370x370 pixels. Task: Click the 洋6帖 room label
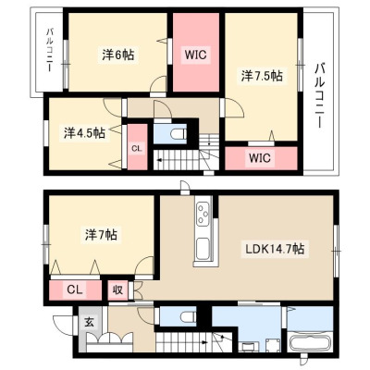[118, 55]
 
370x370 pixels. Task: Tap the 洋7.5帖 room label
[262, 76]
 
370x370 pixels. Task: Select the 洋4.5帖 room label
[84, 133]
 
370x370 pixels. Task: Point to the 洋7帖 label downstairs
[101, 235]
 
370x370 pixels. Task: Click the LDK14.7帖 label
[275, 248]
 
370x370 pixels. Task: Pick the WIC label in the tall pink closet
[195, 55]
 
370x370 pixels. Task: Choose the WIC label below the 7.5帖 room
[260, 158]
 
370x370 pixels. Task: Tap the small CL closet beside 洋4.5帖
[137, 147]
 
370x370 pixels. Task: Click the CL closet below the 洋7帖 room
[76, 290]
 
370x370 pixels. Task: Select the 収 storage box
[117, 290]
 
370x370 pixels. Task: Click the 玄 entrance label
[89, 323]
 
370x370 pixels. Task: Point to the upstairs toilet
[179, 134]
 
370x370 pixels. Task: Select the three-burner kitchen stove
[203, 212]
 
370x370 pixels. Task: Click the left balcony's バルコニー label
[50, 51]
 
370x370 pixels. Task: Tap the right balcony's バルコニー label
[320, 95]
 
